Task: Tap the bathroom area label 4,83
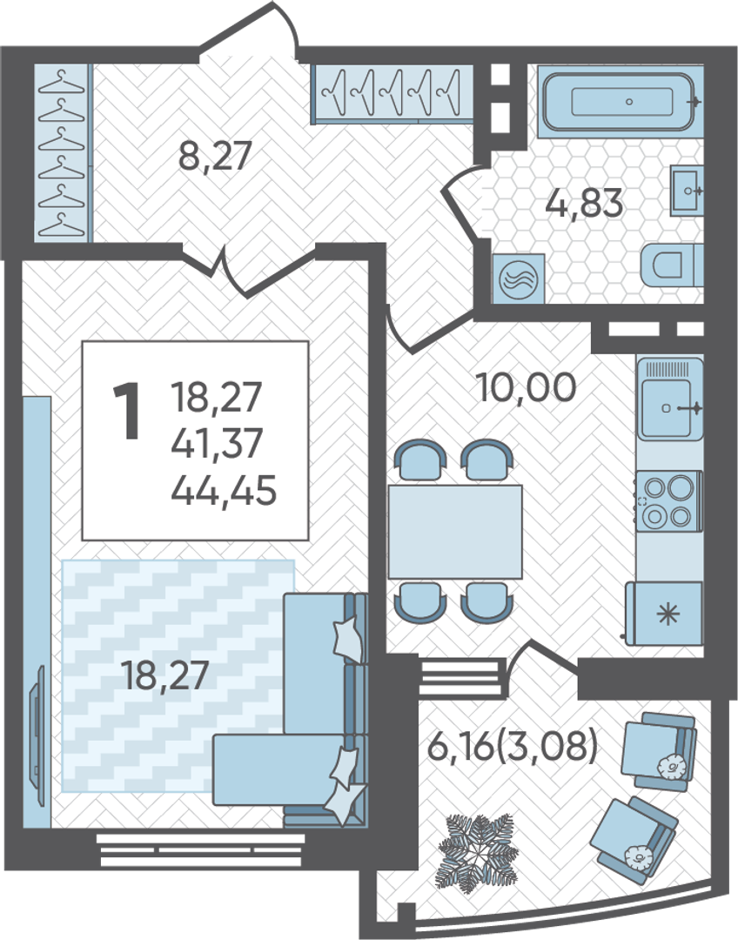pos(585,203)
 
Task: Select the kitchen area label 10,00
pos(526,387)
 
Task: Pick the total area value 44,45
pos(225,490)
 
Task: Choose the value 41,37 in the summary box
pos(217,444)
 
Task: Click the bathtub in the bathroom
pos(621,100)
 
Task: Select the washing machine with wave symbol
pos(519,279)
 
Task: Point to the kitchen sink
pos(669,399)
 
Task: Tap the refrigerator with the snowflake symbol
pos(664,614)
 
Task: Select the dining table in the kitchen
pos(455,531)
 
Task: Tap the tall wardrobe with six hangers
pos(63,152)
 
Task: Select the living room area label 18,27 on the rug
pos(164,675)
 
